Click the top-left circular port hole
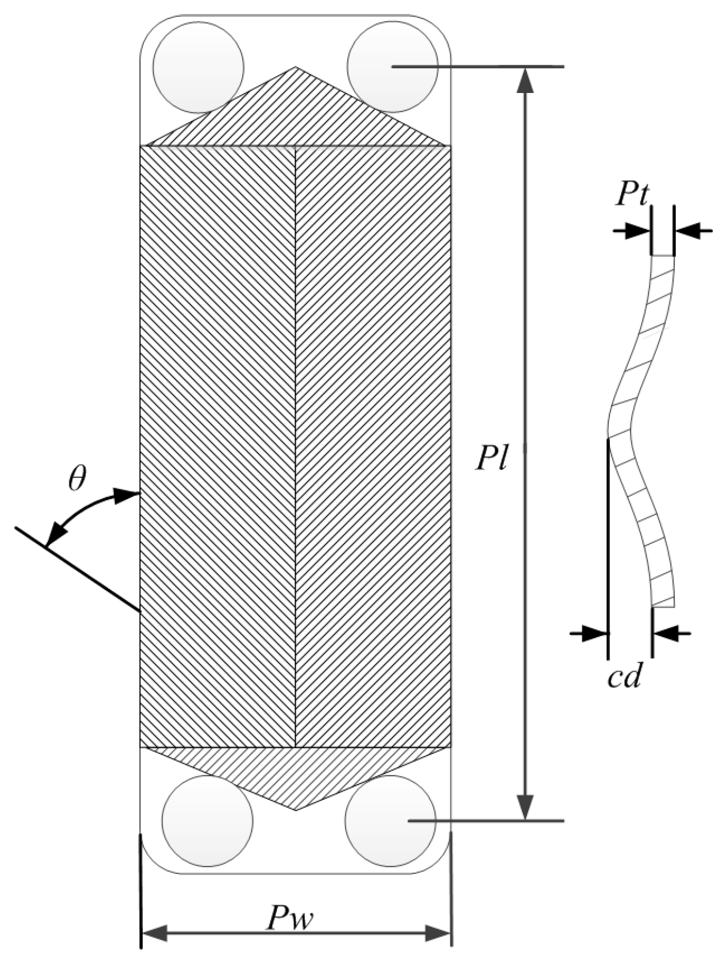tap(198, 68)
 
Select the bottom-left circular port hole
tap(207, 821)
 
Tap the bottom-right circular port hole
tap(390, 821)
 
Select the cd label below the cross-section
tap(623, 677)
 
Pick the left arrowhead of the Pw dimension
tap(154, 933)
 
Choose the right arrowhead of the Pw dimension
tap(438, 933)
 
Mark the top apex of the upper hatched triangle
tap(295, 68)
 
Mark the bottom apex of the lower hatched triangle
tap(296, 810)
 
